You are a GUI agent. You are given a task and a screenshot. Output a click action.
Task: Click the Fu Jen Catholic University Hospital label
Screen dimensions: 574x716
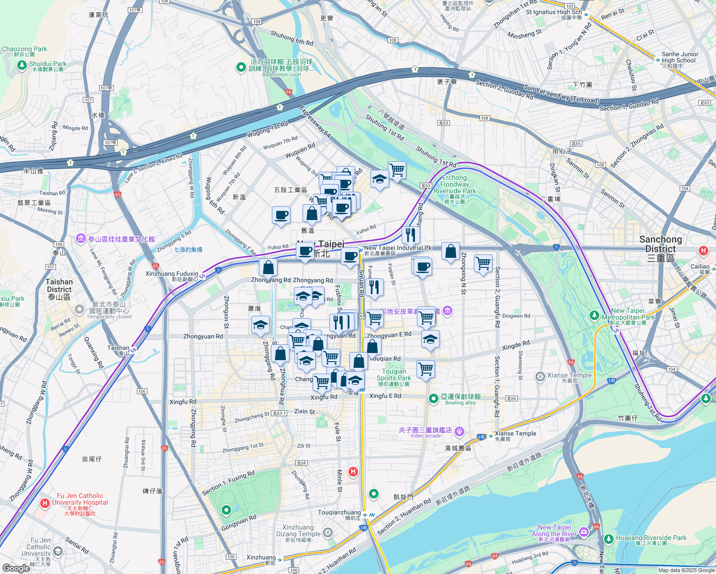[x=80, y=499]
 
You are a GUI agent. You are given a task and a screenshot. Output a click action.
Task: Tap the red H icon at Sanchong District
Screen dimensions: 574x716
[x=703, y=250]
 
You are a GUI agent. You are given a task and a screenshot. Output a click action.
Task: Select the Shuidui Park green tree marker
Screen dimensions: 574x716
[x=22, y=65]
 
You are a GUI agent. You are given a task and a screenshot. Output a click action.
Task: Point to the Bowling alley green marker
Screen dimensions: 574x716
[x=434, y=398]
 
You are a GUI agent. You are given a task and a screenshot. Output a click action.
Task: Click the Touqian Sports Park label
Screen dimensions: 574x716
[x=394, y=375]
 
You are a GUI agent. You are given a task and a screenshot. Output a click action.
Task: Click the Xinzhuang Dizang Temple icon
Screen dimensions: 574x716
[x=328, y=532]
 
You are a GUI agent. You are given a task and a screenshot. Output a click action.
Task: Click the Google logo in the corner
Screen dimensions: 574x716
[x=16, y=568]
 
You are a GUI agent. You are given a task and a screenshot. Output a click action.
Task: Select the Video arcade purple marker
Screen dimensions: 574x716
[x=459, y=431]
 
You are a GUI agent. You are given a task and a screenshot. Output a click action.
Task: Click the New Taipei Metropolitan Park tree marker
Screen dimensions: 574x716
[x=594, y=315]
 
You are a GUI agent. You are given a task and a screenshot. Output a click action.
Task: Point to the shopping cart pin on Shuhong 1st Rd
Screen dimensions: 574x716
[x=397, y=169]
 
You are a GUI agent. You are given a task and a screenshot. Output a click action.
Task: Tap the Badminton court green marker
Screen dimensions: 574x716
[x=241, y=67]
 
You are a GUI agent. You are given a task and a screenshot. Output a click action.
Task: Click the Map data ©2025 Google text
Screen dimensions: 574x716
[x=686, y=570]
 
